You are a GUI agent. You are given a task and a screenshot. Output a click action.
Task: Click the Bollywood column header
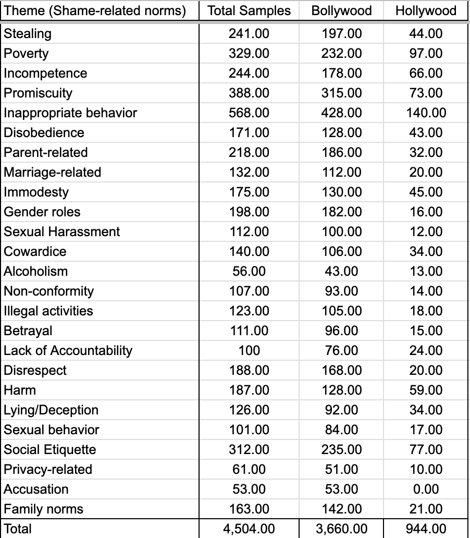[341, 11]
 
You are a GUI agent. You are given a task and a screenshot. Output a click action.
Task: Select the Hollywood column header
[426, 11]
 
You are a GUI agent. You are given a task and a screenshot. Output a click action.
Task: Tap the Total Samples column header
[249, 11]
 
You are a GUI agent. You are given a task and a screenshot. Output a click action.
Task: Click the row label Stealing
[28, 34]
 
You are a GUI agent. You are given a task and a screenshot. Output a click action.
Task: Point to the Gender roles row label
[42, 212]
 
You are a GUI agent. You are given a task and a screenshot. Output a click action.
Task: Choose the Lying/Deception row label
[51, 410]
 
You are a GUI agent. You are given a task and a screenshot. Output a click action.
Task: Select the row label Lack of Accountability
[68, 351]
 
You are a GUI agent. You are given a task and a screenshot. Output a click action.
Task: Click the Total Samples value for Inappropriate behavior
[249, 113]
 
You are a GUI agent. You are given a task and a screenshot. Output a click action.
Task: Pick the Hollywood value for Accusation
[426, 490]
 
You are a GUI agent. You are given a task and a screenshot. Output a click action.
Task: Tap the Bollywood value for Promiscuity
[341, 93]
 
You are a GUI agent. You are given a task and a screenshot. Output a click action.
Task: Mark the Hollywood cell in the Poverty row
[426, 54]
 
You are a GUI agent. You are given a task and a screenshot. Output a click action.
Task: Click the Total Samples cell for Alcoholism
[249, 272]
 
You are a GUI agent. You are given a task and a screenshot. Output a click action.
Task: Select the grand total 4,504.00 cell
[249, 529]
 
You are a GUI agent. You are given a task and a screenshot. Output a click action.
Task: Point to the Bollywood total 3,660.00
[341, 529]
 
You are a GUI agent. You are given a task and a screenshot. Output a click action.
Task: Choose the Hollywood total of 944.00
[426, 529]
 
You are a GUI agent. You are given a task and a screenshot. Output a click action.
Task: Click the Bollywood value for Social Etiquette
[341, 450]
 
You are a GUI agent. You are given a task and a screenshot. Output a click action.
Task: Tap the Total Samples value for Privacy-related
[249, 470]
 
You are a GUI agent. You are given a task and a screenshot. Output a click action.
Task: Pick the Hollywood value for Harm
[426, 390]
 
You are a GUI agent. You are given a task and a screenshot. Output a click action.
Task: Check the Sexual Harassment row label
[61, 232]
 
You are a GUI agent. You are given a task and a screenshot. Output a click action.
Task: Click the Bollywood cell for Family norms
[341, 509]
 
